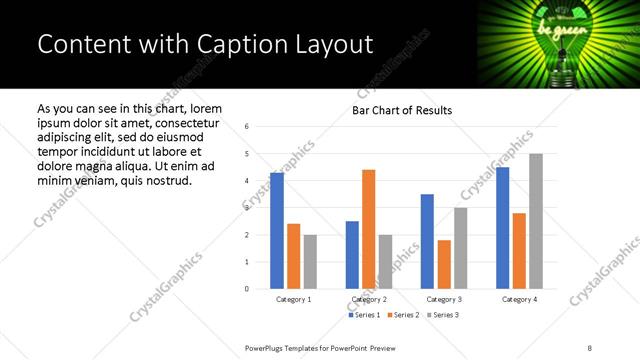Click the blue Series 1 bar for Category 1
tap(277, 231)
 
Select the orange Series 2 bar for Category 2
tap(368, 229)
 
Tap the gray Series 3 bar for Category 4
tap(536, 221)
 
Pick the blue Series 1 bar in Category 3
tap(427, 241)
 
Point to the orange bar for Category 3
tap(444, 264)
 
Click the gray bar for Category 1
tap(310, 262)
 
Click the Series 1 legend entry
tap(365, 315)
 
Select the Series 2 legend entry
tap(403, 315)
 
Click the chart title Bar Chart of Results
tap(402, 110)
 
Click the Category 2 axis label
tap(368, 299)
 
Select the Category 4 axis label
tap(519, 299)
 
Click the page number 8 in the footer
tap(589, 347)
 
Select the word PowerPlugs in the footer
tap(267, 347)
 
